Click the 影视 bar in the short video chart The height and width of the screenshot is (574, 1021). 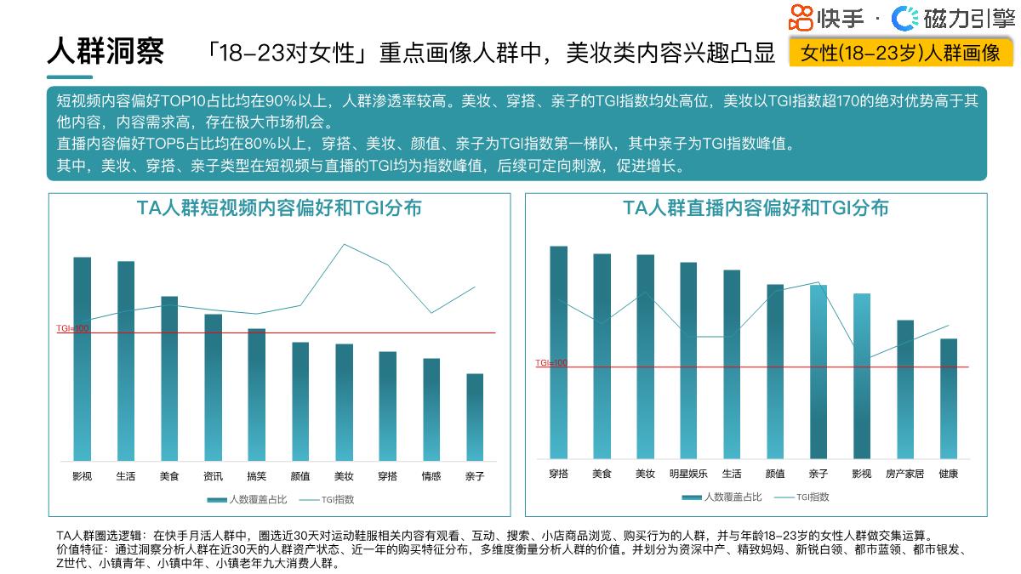click(82, 357)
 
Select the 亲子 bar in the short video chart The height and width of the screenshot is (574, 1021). click(475, 417)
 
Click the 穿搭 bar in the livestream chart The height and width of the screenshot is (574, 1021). click(558, 352)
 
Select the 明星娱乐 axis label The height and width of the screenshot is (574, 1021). click(687, 474)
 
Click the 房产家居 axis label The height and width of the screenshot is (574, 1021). click(904, 474)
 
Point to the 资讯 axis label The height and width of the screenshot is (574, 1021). click(213, 476)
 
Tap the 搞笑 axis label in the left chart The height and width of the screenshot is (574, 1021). click(256, 476)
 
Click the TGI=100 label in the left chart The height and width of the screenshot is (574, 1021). click(72, 328)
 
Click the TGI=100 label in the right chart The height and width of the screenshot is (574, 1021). click(551, 363)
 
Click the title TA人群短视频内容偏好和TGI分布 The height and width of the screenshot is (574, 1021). click(279, 208)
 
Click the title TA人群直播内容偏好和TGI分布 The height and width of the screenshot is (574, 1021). click(756, 208)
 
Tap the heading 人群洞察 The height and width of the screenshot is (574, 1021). click(105, 51)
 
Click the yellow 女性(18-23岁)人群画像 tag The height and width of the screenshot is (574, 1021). click(900, 53)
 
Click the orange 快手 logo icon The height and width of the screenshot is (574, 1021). click(801, 17)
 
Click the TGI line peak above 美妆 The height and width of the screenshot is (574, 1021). click(344, 245)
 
